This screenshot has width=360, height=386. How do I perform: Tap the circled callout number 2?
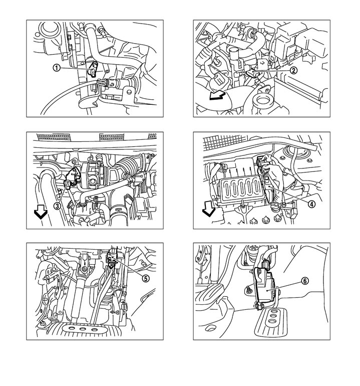click(x=293, y=70)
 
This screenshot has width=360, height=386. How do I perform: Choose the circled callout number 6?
click(x=305, y=281)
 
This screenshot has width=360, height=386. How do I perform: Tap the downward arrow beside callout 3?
click(x=41, y=213)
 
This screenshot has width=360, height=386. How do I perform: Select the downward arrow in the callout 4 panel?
click(x=208, y=213)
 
